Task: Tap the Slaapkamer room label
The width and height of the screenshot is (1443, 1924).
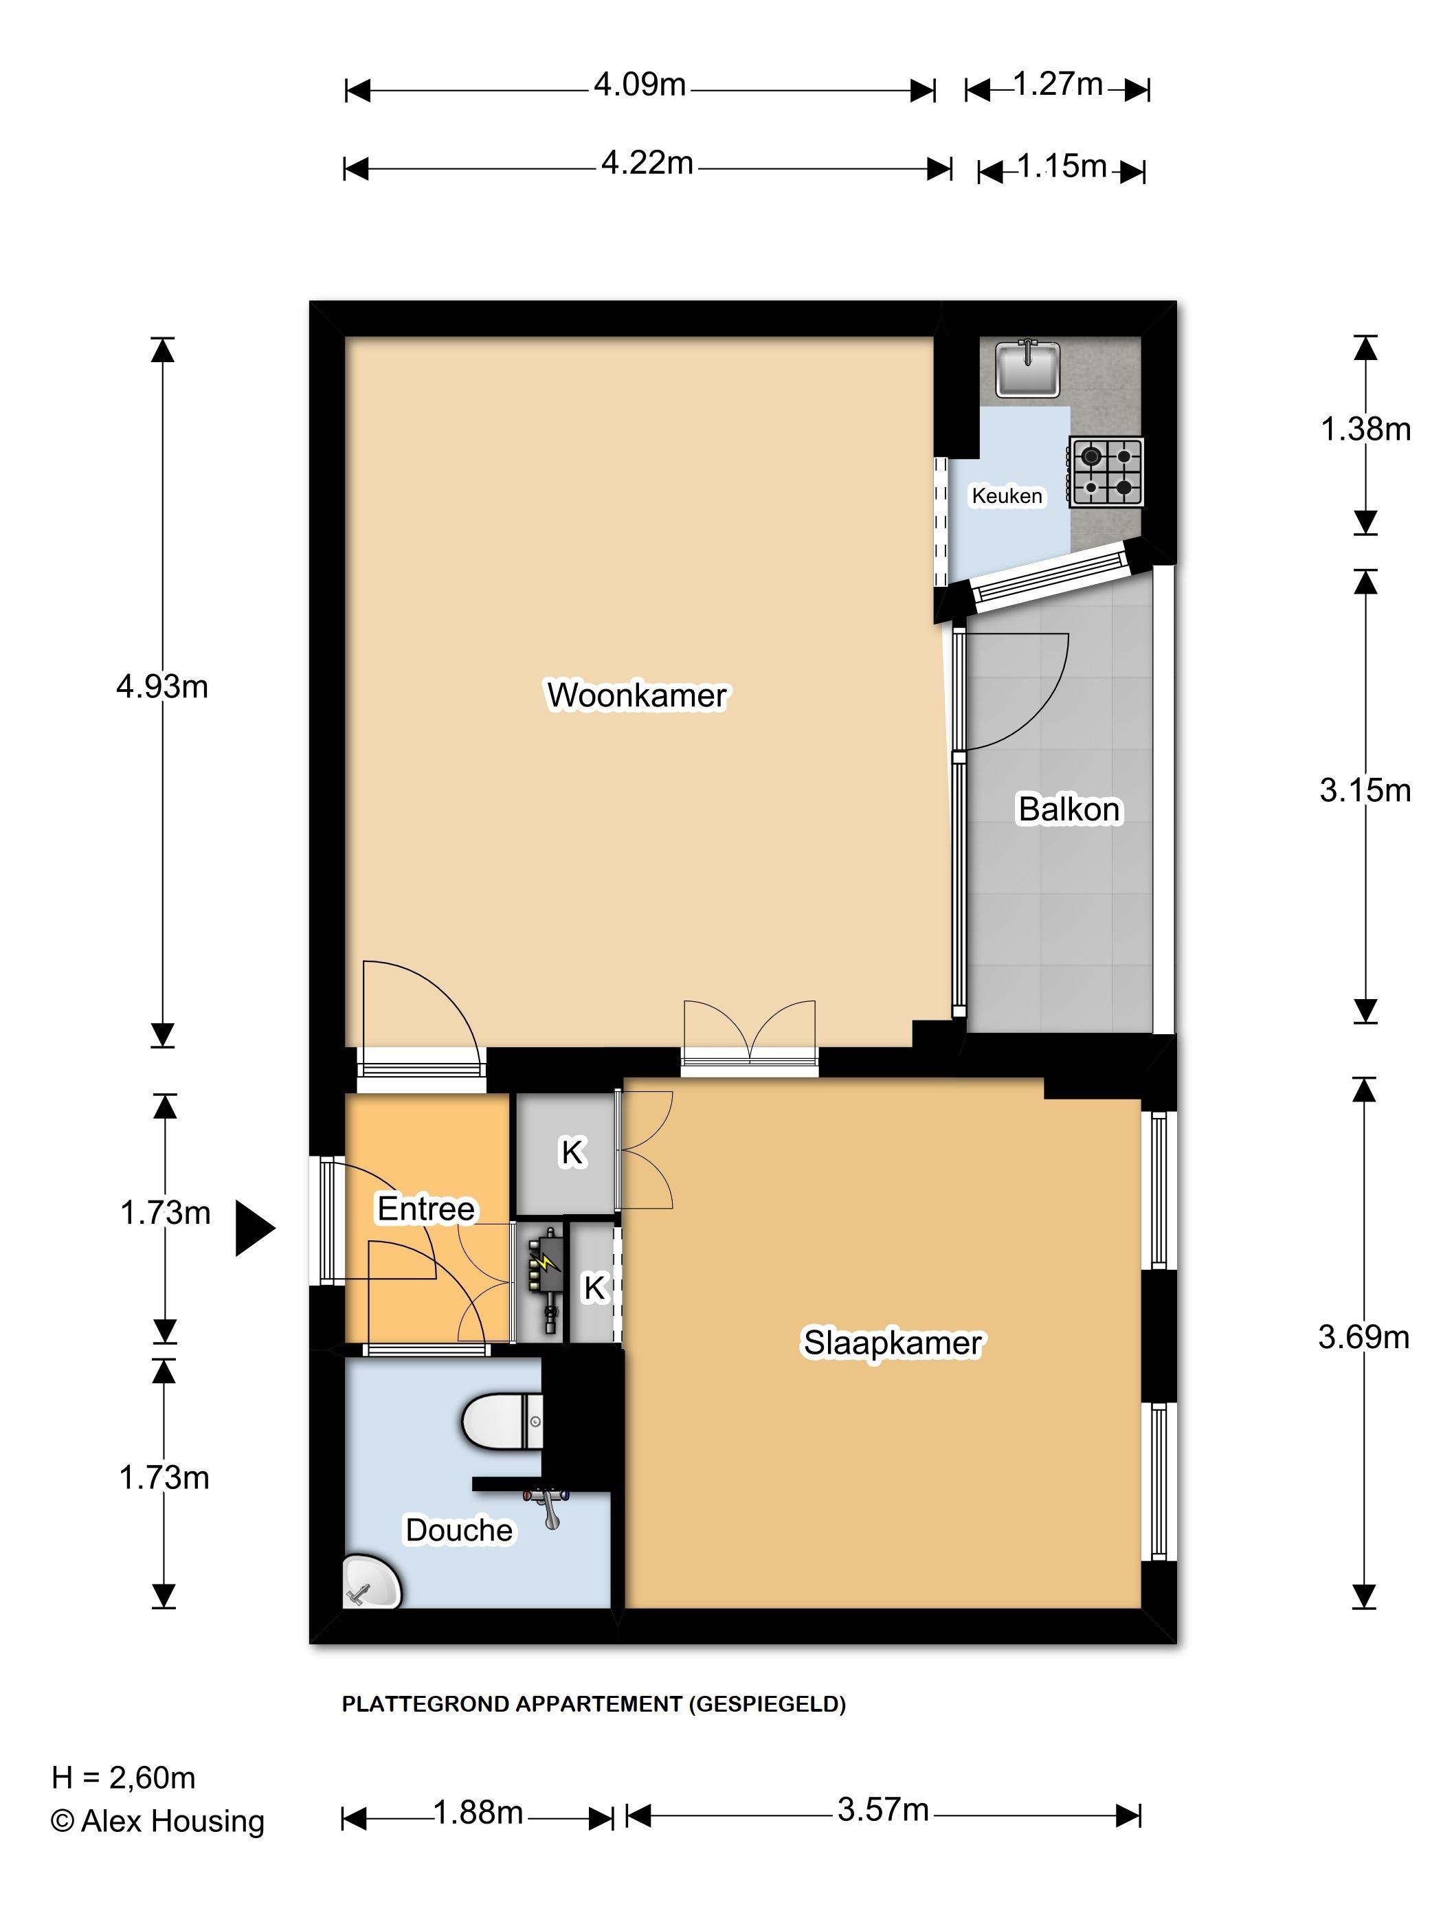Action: (893, 1343)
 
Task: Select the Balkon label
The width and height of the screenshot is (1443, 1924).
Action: (1069, 809)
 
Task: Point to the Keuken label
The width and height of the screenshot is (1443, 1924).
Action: (1007, 496)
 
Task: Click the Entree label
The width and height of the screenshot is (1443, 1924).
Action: (425, 1209)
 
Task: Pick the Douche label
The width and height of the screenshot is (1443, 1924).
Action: (458, 1530)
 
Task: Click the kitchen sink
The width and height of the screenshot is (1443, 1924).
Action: (1027, 368)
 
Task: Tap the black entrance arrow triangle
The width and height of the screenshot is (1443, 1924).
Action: (255, 1228)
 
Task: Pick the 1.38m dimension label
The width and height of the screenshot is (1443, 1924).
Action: (1365, 429)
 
